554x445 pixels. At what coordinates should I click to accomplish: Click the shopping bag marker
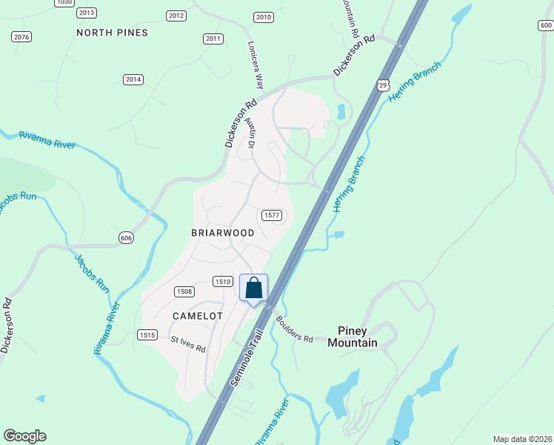(x=253, y=288)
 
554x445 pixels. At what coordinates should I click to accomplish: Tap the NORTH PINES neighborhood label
(x=113, y=33)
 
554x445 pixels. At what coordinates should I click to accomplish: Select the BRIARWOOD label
(x=223, y=233)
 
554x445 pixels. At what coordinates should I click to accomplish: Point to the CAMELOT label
(x=198, y=316)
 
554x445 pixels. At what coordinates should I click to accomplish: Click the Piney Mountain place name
(x=358, y=337)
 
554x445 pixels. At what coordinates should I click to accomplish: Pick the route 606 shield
(x=127, y=237)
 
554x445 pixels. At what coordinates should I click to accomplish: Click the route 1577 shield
(x=272, y=215)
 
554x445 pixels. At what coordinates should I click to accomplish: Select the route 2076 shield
(x=21, y=36)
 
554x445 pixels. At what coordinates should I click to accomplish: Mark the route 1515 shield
(x=147, y=335)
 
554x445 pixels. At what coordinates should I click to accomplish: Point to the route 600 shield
(x=546, y=26)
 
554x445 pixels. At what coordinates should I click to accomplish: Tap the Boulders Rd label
(x=296, y=331)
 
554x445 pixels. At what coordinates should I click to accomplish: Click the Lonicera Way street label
(x=256, y=65)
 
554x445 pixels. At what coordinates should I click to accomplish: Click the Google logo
(x=24, y=436)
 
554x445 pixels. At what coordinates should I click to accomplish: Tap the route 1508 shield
(x=184, y=291)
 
